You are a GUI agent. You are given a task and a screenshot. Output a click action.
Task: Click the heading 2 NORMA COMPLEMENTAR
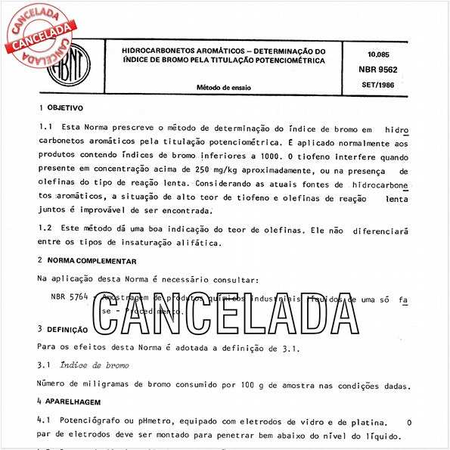(x=87, y=260)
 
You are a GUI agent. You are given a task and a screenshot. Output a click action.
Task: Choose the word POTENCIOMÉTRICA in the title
(x=287, y=59)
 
